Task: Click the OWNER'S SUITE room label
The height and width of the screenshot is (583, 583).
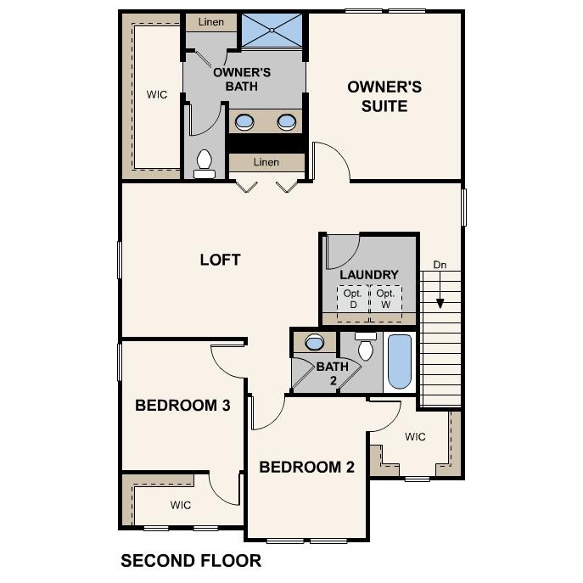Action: (384, 96)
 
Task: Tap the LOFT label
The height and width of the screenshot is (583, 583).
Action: (220, 260)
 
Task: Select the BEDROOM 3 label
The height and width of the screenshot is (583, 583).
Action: (182, 406)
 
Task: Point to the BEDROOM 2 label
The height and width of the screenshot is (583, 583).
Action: (306, 467)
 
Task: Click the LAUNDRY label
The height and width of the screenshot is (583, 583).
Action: (368, 275)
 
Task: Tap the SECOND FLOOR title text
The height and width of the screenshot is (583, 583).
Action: (191, 561)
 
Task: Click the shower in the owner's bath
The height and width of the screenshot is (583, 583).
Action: (272, 31)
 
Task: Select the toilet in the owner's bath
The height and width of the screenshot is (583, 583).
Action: (204, 163)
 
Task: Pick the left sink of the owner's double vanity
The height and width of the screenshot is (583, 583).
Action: (244, 121)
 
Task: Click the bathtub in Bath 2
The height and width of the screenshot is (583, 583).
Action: (399, 361)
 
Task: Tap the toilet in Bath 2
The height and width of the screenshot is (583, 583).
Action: (367, 347)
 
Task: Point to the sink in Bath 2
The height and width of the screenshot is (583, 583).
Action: (314, 343)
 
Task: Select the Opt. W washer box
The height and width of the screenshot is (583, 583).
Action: (385, 299)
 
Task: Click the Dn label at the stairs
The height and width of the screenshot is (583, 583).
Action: (440, 265)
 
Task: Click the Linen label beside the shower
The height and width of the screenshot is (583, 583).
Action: (210, 22)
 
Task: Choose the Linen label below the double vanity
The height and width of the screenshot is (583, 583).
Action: (266, 162)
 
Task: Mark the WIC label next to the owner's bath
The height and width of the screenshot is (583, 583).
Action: (156, 94)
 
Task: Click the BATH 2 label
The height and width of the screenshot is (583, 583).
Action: (333, 373)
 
